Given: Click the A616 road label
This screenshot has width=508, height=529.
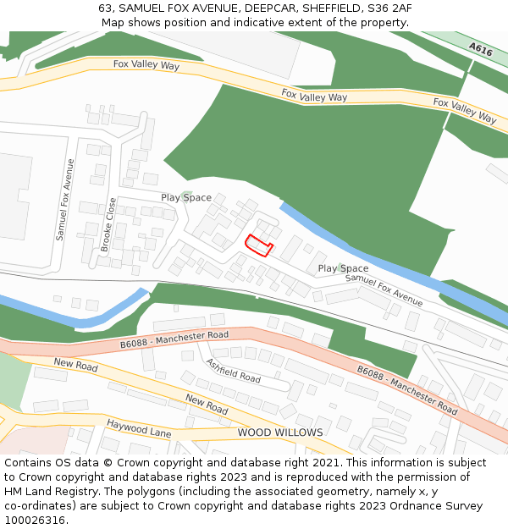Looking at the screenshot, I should tap(480, 51).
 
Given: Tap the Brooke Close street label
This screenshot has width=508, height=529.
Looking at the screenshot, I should tap(108, 224).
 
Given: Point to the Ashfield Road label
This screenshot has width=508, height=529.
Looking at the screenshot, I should tap(233, 370).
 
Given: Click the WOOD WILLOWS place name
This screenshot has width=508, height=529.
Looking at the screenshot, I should tap(280, 433).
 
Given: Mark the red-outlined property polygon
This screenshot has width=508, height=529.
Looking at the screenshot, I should tap(258, 245).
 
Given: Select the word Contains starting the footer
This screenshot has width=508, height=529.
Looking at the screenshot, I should tap(29, 463).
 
